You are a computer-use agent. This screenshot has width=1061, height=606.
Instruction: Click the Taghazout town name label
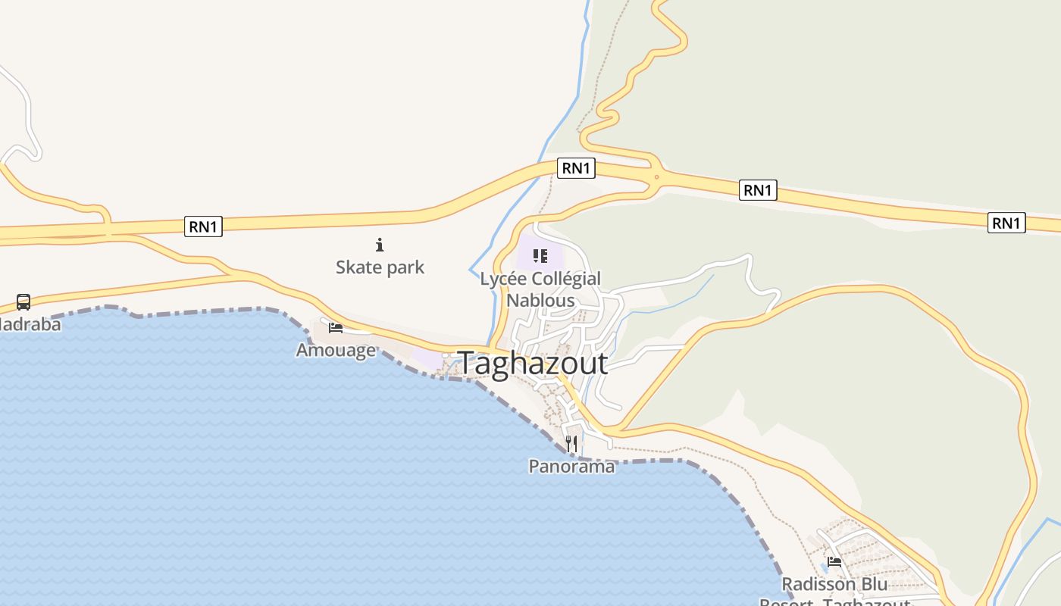pos(533,364)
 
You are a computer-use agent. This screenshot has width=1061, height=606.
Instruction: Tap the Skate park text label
pos(380,267)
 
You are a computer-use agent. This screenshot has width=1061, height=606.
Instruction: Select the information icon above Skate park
pos(380,245)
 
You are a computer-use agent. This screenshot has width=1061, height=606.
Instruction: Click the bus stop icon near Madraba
pos(23,302)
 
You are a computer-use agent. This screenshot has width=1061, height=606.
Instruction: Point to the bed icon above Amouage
pos(336,327)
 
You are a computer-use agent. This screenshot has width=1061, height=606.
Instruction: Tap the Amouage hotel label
pos(336,350)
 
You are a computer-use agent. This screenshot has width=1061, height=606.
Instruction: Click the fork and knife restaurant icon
pos(571,443)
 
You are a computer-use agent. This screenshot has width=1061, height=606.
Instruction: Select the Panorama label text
pos(571,466)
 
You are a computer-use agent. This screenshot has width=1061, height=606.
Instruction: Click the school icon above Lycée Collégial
pos(540,256)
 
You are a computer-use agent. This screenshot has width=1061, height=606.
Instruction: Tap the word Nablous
pos(540,300)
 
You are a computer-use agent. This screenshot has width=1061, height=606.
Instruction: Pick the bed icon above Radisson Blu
pos(834,561)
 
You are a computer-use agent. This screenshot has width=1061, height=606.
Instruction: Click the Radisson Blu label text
pos(834,585)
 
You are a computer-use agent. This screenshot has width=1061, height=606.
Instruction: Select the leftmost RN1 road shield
pos(203,226)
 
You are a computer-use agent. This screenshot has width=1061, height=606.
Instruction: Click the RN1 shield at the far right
pos(1006,223)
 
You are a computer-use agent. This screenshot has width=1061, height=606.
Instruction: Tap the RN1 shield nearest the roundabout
pos(576,167)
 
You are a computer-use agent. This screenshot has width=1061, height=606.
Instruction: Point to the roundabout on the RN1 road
pos(654,176)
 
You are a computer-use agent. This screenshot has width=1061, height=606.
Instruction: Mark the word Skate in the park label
pos(356,267)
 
